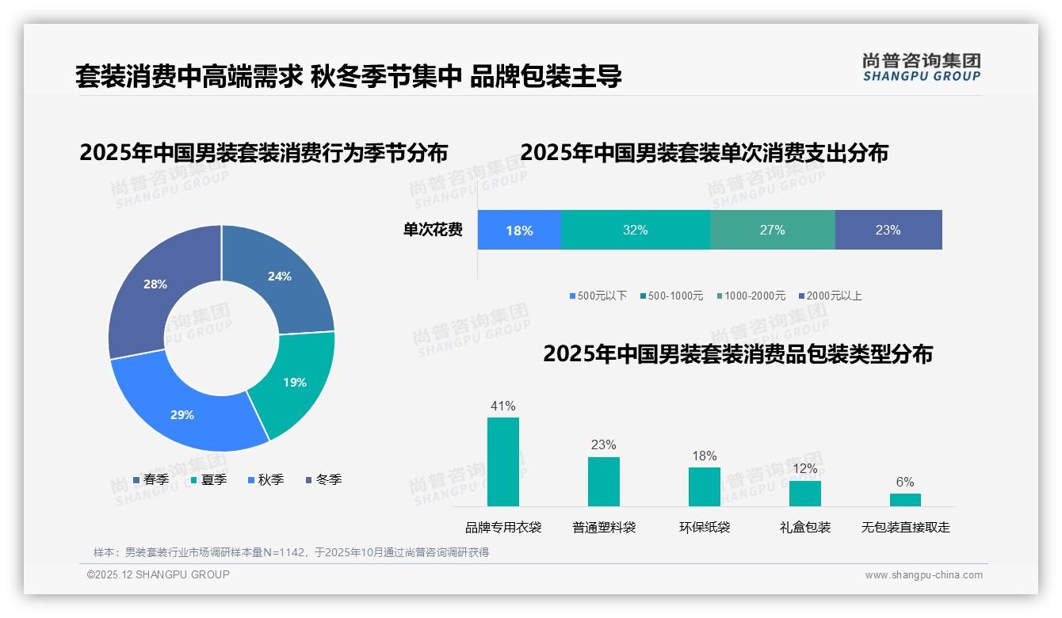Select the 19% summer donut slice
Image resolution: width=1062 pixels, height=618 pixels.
294,382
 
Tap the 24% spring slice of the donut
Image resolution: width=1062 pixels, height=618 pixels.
279,277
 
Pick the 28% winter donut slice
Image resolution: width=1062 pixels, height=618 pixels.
155,284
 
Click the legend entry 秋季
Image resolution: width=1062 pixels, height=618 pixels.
265,479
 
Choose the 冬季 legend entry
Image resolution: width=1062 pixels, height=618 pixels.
323,479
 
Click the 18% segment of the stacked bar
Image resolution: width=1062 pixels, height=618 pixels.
519,230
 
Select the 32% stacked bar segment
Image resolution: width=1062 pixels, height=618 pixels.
635,230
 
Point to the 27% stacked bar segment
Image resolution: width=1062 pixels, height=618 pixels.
772,230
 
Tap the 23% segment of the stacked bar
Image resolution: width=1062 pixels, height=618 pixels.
888,230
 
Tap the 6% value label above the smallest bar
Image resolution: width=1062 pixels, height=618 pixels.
905,482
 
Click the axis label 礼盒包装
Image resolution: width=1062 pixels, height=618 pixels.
805,527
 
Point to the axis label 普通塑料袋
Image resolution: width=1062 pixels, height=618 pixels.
604,527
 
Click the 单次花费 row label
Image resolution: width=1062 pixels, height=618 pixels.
433,230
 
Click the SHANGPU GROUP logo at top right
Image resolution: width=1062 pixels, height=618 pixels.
921,67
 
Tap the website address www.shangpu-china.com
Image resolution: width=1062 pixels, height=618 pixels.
923,575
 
